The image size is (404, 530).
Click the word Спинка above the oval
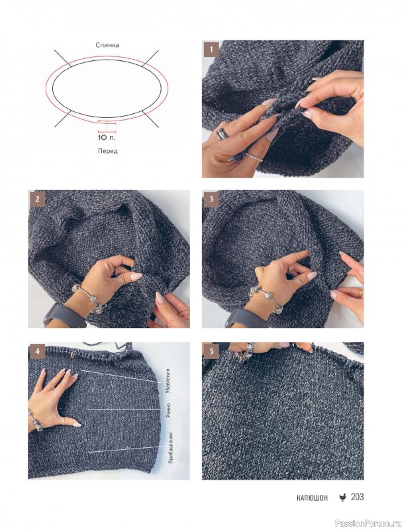pyautogui.click(x=107, y=45)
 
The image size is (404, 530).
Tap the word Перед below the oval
pyautogui.click(x=108, y=151)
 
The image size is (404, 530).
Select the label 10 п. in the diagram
pyautogui.click(x=107, y=138)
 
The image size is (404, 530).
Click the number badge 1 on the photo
pyautogui.click(x=211, y=50)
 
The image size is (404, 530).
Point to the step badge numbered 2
pyautogui.click(x=37, y=199)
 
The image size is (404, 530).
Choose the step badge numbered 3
pyautogui.click(x=211, y=199)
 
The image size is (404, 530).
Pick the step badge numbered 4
pyautogui.click(x=37, y=351)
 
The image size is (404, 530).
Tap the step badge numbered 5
pyautogui.click(x=211, y=351)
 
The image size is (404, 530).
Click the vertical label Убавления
pyautogui.click(x=168, y=381)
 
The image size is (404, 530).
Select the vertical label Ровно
pyautogui.click(x=168, y=409)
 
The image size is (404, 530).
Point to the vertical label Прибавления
pyautogui.click(x=170, y=448)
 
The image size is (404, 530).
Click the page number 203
pyautogui.click(x=357, y=496)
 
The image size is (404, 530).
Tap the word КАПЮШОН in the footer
pyautogui.click(x=313, y=498)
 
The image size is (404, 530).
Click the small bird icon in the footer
pyautogui.click(x=342, y=498)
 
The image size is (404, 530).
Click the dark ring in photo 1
pyautogui.click(x=222, y=134)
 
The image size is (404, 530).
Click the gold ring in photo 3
pyautogui.click(x=361, y=293)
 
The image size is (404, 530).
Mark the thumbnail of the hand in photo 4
pyautogui.click(x=77, y=424)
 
